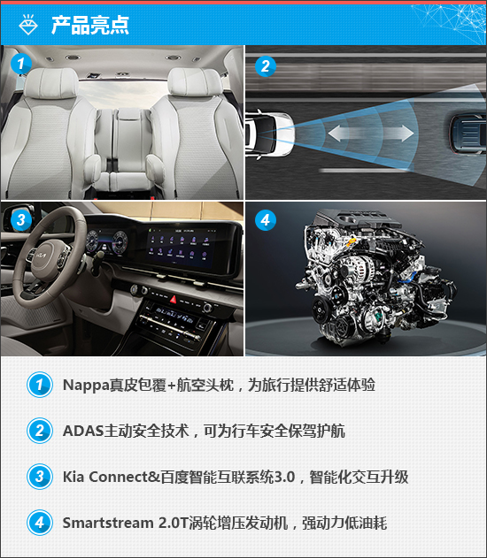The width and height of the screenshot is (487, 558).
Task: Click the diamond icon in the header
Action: point(28,25)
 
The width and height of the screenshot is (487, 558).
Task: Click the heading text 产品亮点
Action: point(89,25)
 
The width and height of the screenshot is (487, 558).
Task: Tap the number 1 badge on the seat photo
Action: point(21,64)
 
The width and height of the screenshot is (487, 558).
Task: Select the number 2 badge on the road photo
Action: point(266,66)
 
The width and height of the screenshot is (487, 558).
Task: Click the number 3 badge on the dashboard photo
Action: point(21,220)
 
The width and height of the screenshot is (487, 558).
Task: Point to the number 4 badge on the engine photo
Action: point(266,220)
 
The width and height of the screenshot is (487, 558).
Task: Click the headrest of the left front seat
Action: point(51,83)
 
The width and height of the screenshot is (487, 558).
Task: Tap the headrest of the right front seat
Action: point(195,82)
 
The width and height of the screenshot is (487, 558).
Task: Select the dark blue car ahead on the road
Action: point(468,134)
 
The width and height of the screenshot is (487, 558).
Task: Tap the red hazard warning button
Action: point(174,299)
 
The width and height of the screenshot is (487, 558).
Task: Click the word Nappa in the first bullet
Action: point(86,385)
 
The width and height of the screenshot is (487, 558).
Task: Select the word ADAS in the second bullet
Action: point(83,431)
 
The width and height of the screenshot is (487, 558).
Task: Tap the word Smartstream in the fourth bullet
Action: point(108,524)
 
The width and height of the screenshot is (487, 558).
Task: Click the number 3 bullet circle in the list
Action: point(40,477)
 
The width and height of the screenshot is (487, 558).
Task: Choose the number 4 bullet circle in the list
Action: point(40,523)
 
